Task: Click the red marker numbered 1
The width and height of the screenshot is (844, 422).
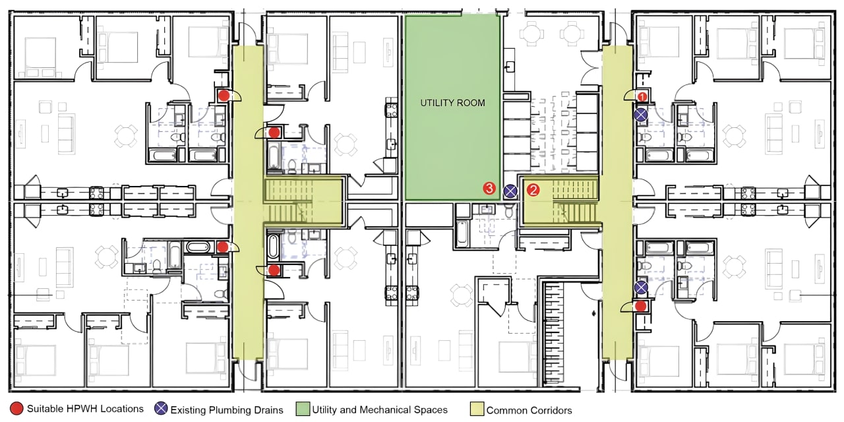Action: [x=642, y=97]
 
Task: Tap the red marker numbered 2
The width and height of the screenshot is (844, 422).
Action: [x=533, y=189]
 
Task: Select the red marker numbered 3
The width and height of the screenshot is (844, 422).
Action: [x=489, y=188]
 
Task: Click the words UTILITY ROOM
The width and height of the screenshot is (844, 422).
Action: [x=452, y=103]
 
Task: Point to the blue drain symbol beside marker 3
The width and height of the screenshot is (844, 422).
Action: [x=510, y=191]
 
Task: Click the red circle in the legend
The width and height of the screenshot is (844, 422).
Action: [x=17, y=409]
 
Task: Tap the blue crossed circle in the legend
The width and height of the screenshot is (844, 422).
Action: [x=162, y=409]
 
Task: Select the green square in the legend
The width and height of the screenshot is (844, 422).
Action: [x=303, y=409]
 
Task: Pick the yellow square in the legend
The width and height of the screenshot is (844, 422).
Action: [x=477, y=409]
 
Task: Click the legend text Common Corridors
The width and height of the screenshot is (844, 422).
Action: [x=529, y=410]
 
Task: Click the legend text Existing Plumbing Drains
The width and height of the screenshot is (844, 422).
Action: [x=227, y=410]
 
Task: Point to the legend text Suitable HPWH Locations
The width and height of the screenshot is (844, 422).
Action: [x=85, y=409]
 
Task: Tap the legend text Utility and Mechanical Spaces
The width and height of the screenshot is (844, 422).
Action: [x=380, y=409]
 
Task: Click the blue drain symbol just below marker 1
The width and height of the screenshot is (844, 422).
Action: [x=641, y=115]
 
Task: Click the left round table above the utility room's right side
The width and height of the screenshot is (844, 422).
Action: [x=531, y=33]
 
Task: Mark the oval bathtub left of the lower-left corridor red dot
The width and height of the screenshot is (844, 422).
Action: [x=198, y=247]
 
